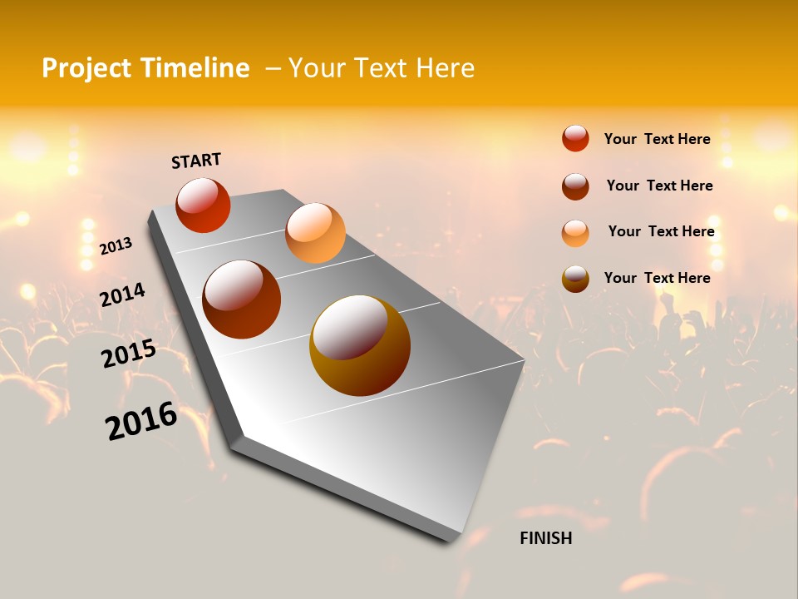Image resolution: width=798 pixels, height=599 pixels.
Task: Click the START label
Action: (196, 161)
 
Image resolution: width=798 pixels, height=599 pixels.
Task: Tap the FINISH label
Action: (546, 538)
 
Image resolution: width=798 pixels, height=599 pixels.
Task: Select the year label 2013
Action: (116, 246)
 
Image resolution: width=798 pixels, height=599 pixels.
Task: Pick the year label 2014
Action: (122, 295)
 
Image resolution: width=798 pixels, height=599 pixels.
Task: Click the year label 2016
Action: (141, 421)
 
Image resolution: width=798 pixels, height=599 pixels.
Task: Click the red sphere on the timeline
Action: (203, 205)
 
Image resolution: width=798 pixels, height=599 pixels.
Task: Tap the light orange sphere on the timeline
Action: (315, 232)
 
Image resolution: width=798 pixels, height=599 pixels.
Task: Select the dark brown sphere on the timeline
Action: (242, 299)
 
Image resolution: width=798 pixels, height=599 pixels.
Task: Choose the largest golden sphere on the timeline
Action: (360, 345)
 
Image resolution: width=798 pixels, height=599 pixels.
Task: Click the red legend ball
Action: (575, 138)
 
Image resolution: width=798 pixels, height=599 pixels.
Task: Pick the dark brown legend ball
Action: (575, 186)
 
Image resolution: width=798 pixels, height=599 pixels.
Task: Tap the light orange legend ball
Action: (575, 233)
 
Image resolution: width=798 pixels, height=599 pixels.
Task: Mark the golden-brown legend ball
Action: (575, 279)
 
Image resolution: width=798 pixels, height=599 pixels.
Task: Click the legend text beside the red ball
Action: (657, 139)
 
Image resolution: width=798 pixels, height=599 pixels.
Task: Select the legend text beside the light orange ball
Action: (661, 231)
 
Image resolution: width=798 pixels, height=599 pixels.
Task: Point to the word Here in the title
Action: (446, 68)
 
